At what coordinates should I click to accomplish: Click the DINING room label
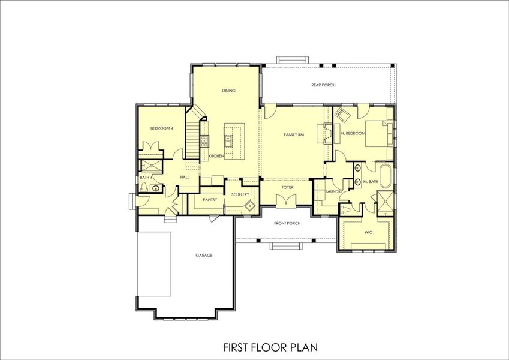pyautogui.click(x=228, y=91)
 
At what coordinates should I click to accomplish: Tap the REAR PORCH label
pyautogui.click(x=323, y=85)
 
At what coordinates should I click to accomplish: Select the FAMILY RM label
pyautogui.click(x=294, y=135)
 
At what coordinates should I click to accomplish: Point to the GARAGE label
pyautogui.click(x=204, y=255)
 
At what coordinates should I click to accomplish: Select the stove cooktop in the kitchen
pyautogui.click(x=205, y=141)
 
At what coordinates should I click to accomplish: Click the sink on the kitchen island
pyautogui.click(x=228, y=140)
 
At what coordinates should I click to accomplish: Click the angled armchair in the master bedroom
pyautogui.click(x=342, y=115)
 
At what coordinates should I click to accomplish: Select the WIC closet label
pyautogui.click(x=368, y=230)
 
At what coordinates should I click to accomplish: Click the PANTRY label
pyautogui.click(x=209, y=199)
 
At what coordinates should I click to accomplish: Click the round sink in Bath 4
pyautogui.click(x=156, y=188)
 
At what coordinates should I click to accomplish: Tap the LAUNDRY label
pyautogui.click(x=333, y=191)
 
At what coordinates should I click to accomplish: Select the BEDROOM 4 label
pyautogui.click(x=161, y=128)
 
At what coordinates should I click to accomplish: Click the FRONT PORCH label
pyautogui.click(x=287, y=223)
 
